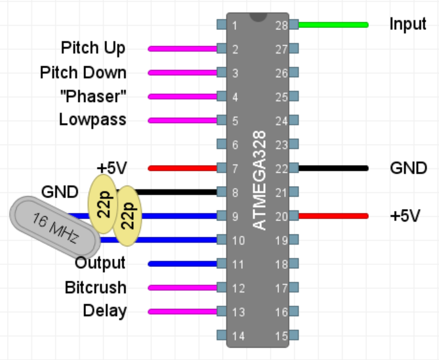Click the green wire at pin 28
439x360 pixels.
pos(333,25)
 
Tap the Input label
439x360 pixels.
pos(408,25)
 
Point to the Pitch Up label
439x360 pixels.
pos(93,48)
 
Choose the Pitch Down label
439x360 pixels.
pos(83,73)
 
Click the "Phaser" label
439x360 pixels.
pos(93,96)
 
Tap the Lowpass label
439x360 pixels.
pos(92,120)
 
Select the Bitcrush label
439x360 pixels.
pos(96,288)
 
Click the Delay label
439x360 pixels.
pos(104,312)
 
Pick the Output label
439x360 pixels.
pos(100,263)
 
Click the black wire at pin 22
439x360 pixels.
pos(333,168)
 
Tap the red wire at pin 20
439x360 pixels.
pos(333,216)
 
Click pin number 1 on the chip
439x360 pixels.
pos(235,25)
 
